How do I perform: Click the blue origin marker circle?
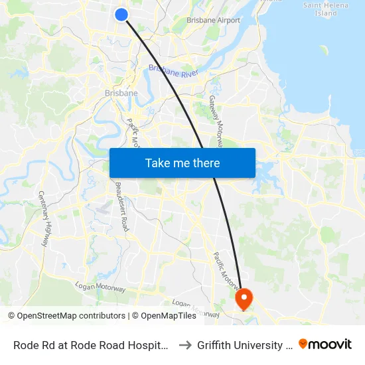[121, 14]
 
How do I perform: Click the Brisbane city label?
[121, 93]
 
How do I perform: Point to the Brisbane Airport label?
[213, 21]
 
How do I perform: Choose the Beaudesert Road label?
[121, 206]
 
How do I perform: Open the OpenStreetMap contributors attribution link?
[66, 316]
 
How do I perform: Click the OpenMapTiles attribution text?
[167, 316]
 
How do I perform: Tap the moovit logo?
[325, 344]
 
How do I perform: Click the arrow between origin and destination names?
[186, 344]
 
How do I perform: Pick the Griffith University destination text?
[244, 344]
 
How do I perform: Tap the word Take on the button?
[158, 163]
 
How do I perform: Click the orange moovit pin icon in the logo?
[303, 344]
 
